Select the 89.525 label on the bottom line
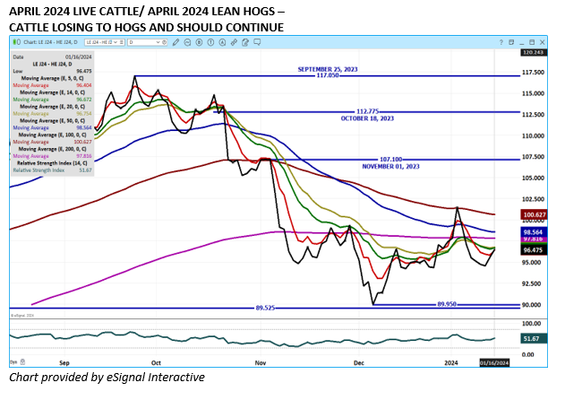[x=265, y=308]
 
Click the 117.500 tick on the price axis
[x=534, y=73]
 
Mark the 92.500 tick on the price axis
[x=534, y=283]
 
